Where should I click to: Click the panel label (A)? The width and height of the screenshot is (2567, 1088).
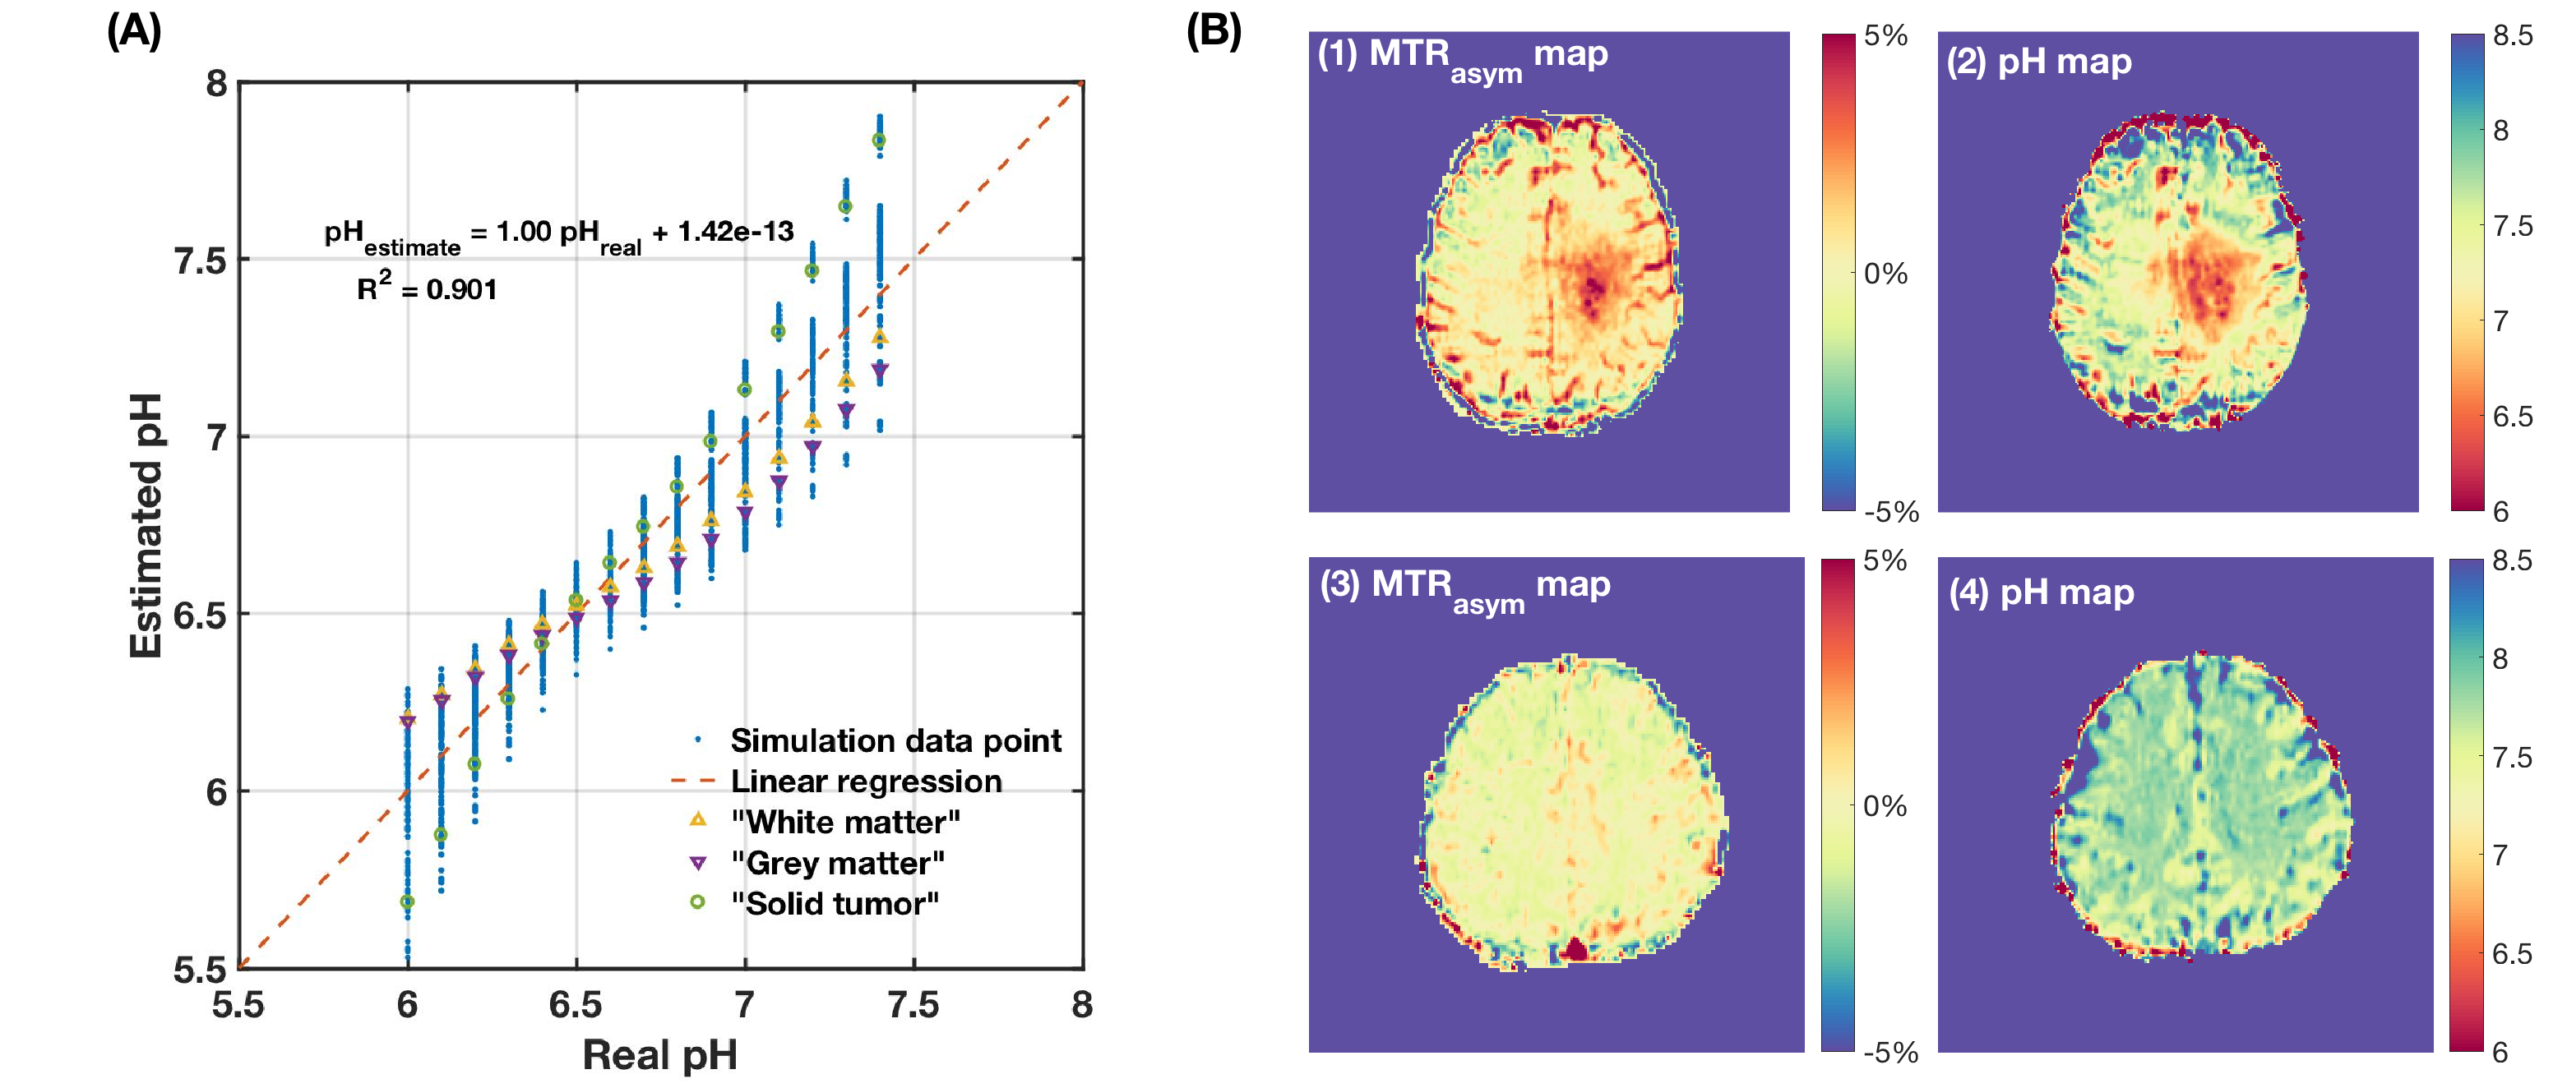tap(133, 32)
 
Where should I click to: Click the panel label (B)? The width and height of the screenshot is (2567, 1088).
tap(1213, 32)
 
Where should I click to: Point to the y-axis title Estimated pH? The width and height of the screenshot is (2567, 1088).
tap(146, 525)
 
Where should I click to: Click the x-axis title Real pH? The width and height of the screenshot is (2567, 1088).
tap(659, 1055)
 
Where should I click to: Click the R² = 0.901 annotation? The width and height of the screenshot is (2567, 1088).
tap(427, 289)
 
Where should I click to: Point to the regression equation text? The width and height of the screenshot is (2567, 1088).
tap(558, 235)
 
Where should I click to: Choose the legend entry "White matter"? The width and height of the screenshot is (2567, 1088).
tap(845, 822)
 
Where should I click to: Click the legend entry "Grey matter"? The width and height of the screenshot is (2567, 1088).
tap(837, 863)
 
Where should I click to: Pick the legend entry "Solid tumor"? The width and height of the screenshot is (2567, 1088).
tap(834, 904)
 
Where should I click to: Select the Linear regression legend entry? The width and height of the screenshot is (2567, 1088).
tap(866, 781)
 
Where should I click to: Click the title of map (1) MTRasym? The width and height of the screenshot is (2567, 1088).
tap(1462, 57)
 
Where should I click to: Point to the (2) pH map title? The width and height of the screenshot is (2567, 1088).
tap(2039, 62)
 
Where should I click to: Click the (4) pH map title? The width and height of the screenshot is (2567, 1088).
tap(2041, 592)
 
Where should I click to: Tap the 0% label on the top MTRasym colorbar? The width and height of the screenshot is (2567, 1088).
tap(1885, 274)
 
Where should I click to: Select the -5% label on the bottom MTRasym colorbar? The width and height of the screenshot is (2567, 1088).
tap(1890, 1052)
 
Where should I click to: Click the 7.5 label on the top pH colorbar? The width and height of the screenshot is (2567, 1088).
tap(2512, 226)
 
